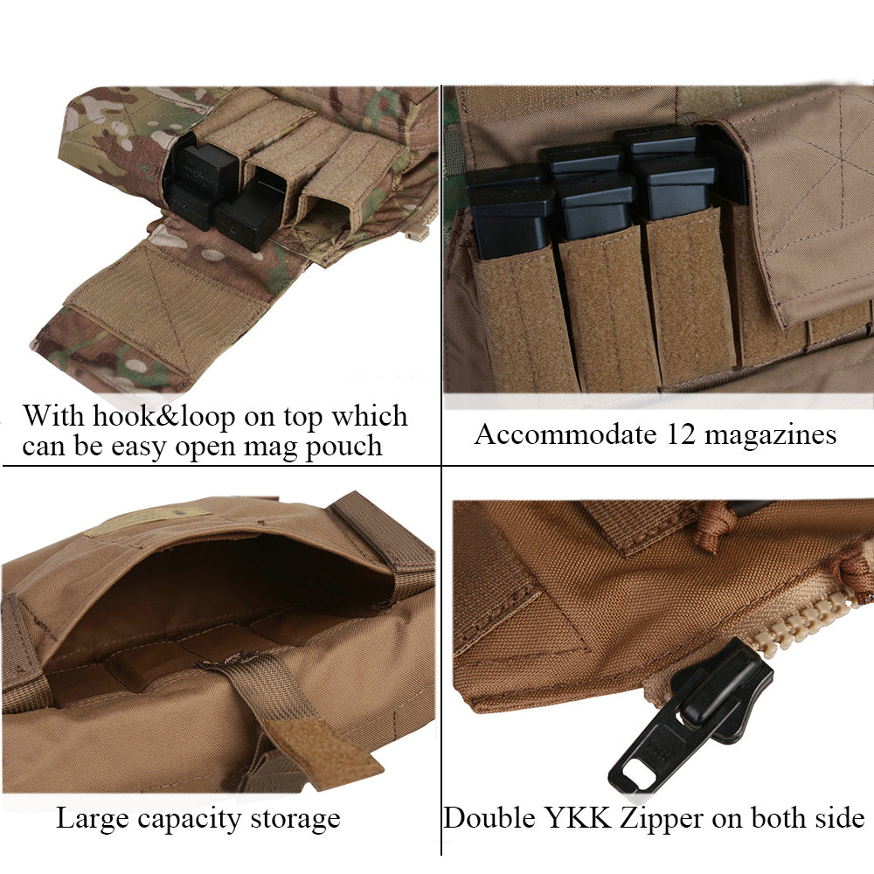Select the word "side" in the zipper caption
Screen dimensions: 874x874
[x=836, y=818]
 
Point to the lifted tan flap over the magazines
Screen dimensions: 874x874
[x=804, y=210]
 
